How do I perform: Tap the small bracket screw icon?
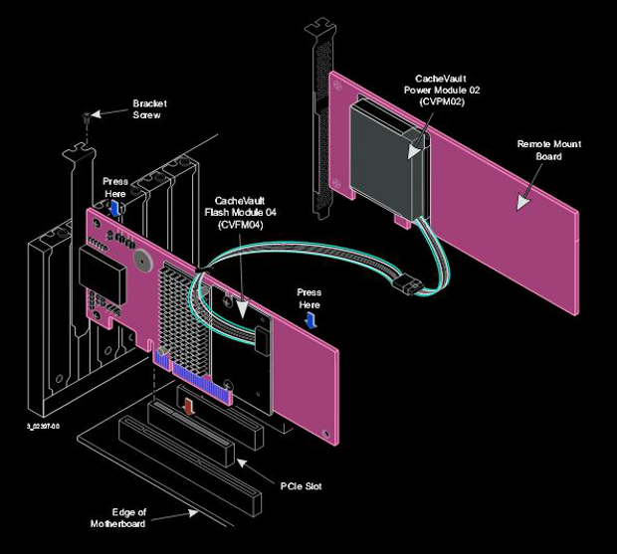pos(86,117)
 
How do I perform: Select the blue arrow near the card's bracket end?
pos(115,206)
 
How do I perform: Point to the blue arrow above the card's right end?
pos(310,317)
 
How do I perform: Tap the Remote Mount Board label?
pos(548,150)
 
